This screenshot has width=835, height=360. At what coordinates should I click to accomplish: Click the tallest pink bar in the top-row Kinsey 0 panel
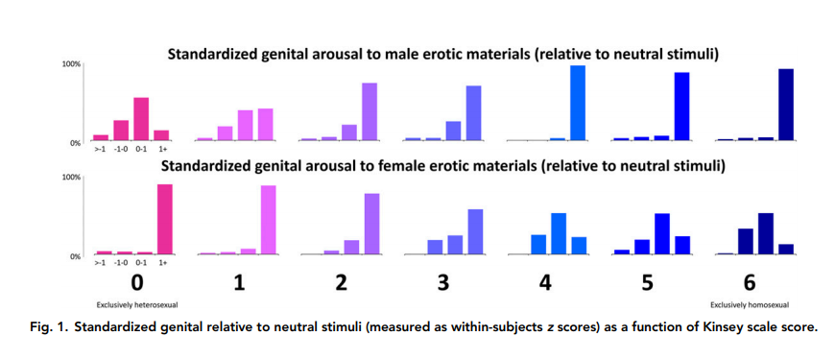click(141, 119)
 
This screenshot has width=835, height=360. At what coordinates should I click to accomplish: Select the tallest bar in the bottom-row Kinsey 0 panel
click(164, 219)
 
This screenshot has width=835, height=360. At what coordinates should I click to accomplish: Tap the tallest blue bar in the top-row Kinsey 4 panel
click(577, 103)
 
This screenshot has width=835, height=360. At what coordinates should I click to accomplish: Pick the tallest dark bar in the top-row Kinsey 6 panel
click(785, 105)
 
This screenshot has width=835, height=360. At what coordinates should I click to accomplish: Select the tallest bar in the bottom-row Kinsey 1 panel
click(268, 220)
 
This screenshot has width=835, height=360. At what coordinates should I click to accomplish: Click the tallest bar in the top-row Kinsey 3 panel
click(473, 113)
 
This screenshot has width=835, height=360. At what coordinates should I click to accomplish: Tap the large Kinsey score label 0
click(137, 283)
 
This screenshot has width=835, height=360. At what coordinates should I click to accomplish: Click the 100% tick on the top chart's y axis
click(72, 64)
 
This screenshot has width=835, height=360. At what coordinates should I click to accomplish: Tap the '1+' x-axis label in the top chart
click(163, 149)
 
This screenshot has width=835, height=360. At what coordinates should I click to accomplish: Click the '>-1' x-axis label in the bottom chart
click(100, 262)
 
